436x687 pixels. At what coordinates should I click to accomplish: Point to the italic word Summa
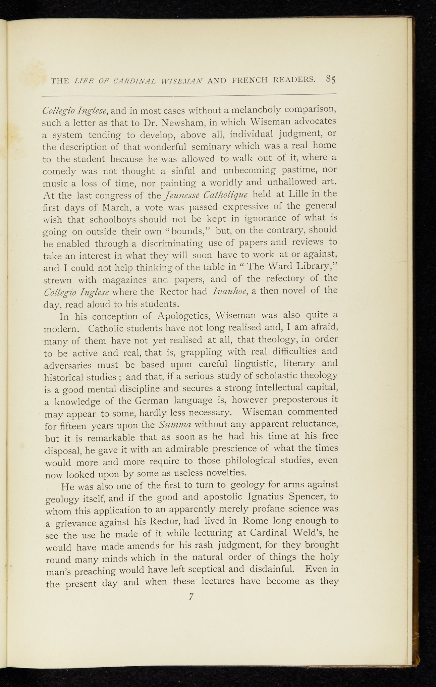(175, 425)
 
